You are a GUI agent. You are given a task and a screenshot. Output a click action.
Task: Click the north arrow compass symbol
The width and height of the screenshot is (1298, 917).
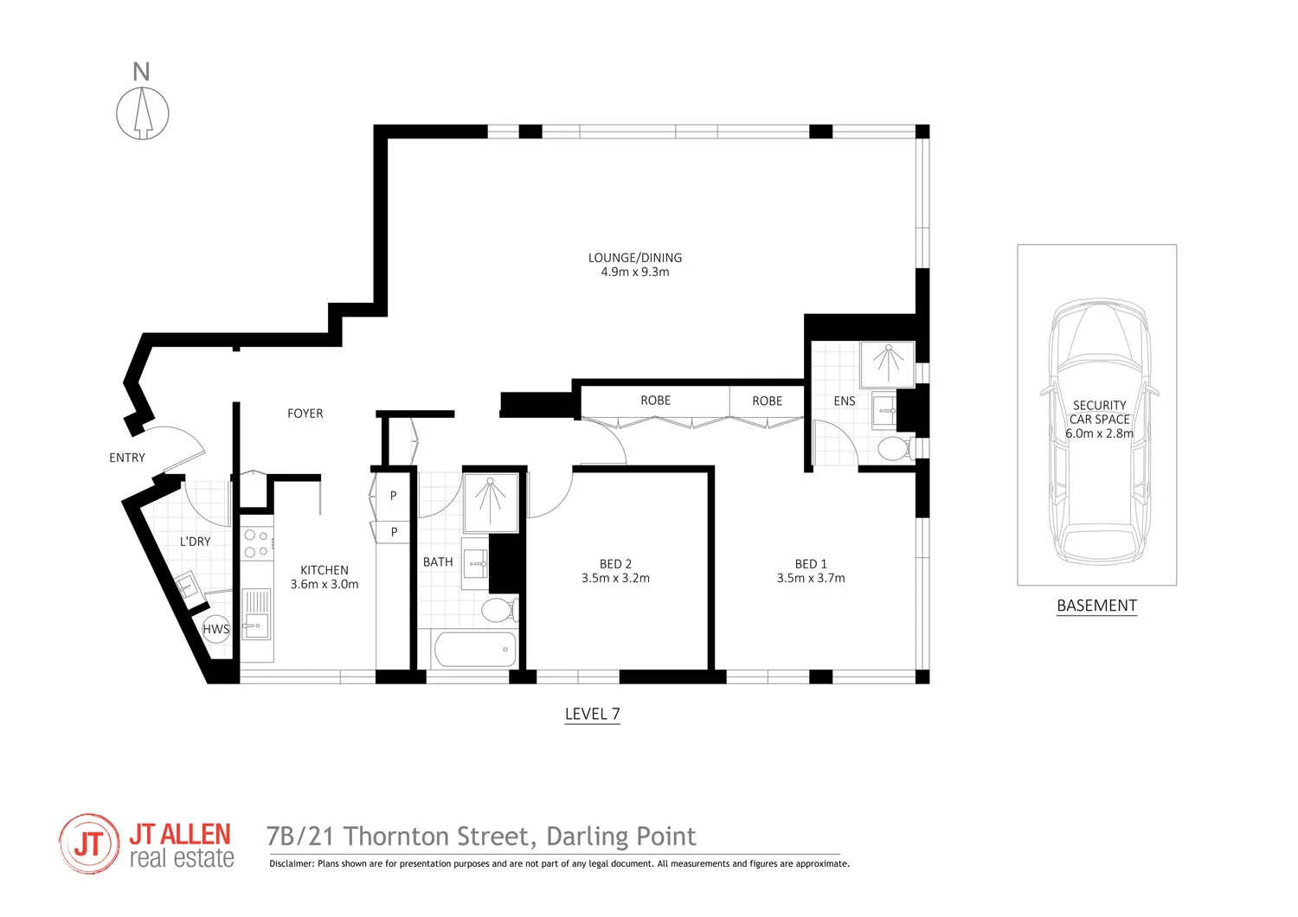pos(143,112)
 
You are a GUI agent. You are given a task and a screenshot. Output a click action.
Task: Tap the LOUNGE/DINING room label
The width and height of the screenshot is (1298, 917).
pos(635,258)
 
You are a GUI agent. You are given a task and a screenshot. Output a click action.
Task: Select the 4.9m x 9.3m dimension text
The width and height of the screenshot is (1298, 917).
pos(635,272)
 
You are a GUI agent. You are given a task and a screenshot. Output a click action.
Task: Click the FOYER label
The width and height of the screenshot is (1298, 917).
pos(305,414)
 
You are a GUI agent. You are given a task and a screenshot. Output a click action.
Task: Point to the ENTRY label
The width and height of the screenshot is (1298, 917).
pos(127,458)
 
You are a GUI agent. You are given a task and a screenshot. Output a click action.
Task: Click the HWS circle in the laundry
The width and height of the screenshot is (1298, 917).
pos(215,629)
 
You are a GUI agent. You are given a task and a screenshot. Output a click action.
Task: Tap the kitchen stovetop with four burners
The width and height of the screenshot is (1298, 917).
pos(256,543)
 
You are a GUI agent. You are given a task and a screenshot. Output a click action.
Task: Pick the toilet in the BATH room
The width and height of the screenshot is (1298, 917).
pos(498,610)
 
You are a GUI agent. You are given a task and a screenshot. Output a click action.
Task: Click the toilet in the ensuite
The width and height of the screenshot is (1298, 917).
pos(893,448)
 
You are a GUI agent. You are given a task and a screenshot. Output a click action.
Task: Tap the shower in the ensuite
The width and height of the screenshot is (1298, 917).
pos(887,362)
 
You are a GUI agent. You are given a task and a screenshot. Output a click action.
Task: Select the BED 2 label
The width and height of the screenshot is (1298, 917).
pos(615,564)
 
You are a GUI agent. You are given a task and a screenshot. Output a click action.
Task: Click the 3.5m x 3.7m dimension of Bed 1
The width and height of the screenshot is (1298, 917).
pos(811,578)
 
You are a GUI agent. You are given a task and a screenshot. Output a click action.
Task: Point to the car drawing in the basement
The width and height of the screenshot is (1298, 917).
pos(1100,433)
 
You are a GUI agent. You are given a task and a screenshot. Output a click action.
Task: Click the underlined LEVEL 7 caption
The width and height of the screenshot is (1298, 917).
pos(592,714)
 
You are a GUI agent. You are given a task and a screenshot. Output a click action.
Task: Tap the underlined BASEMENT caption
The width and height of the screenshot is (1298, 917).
pos(1096,606)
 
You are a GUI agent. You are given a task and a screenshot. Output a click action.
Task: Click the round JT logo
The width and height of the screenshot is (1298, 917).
pos(89,843)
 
